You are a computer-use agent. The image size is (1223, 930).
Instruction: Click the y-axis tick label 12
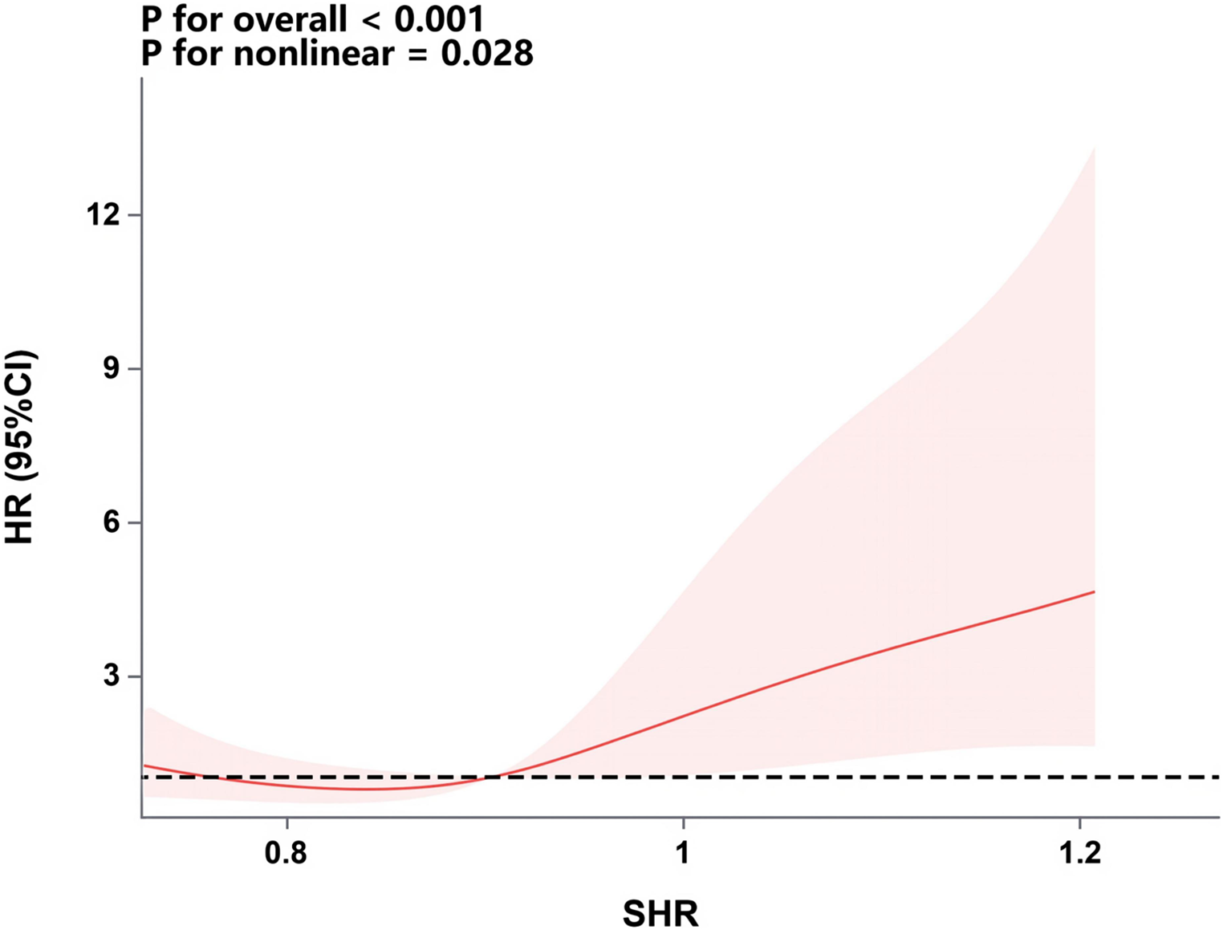click(103, 215)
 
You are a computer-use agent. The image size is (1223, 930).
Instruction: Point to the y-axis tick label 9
click(111, 369)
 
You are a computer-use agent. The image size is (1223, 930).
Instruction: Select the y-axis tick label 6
click(111, 522)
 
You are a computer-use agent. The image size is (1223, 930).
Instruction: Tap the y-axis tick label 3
click(111, 676)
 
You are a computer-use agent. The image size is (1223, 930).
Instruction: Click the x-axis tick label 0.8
click(286, 853)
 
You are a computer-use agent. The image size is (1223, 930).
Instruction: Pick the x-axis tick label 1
click(682, 853)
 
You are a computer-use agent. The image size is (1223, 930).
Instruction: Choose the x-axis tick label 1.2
click(1079, 853)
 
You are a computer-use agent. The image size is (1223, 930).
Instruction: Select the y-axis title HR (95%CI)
click(19, 447)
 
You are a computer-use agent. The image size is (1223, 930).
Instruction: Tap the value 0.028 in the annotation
click(487, 54)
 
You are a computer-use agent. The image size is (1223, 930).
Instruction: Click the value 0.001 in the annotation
click(439, 19)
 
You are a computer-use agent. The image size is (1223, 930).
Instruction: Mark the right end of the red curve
click(1095, 591)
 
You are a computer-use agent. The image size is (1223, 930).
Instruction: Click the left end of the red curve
click(144, 766)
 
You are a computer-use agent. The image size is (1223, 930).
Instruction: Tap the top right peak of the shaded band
click(1094, 148)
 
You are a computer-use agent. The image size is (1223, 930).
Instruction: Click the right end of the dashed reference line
click(1218, 777)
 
